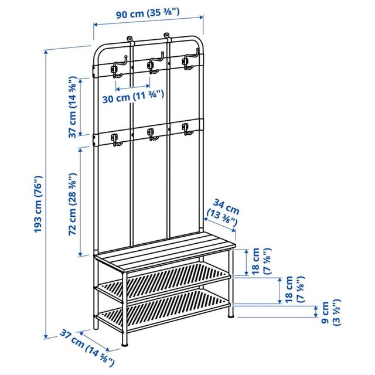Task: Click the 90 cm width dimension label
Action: (148, 12)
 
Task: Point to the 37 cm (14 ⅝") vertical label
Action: (73, 106)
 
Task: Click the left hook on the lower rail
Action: (115, 139)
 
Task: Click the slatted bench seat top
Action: (165, 248)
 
